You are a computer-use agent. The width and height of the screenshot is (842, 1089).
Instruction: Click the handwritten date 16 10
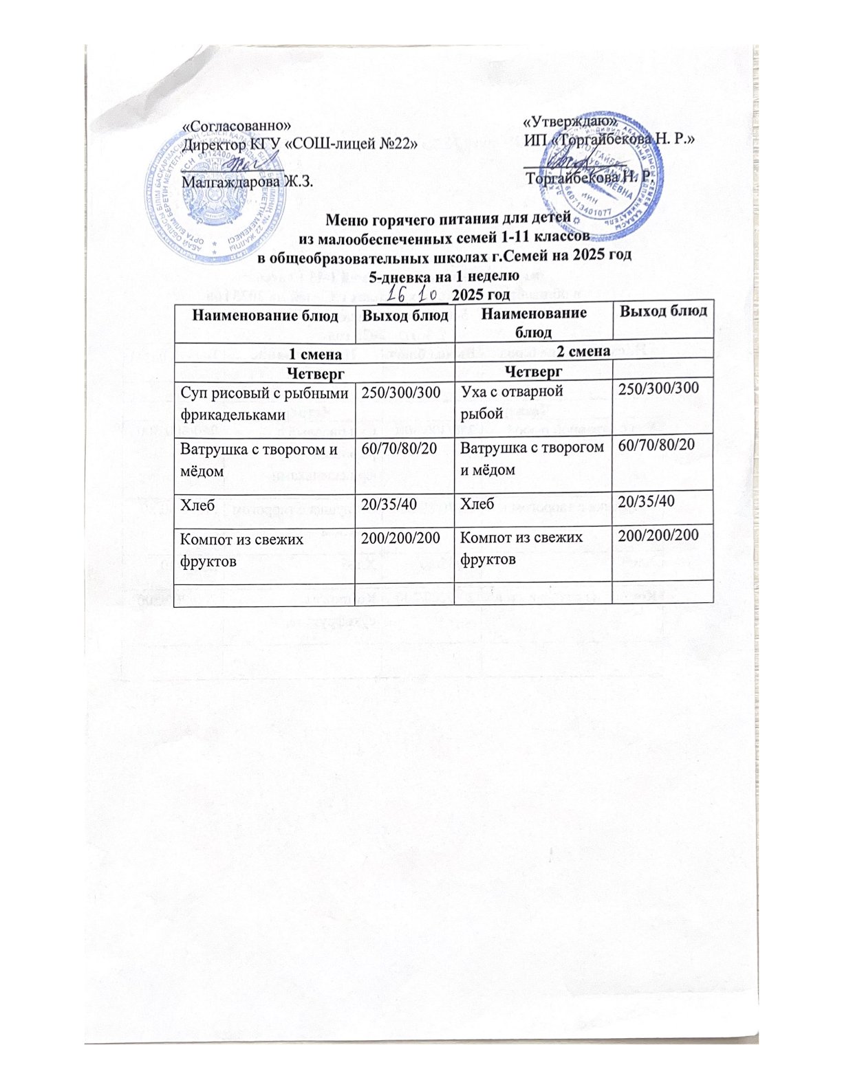pyautogui.click(x=413, y=294)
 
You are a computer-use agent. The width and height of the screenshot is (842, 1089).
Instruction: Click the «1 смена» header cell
pyautogui.click(x=315, y=353)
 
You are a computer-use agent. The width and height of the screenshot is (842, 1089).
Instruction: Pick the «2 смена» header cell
pyautogui.click(x=583, y=351)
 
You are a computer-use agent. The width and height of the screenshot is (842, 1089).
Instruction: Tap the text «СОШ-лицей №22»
pyautogui.click(x=357, y=143)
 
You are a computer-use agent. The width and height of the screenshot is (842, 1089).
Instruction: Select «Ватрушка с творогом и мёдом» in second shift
pyautogui.click(x=532, y=459)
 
